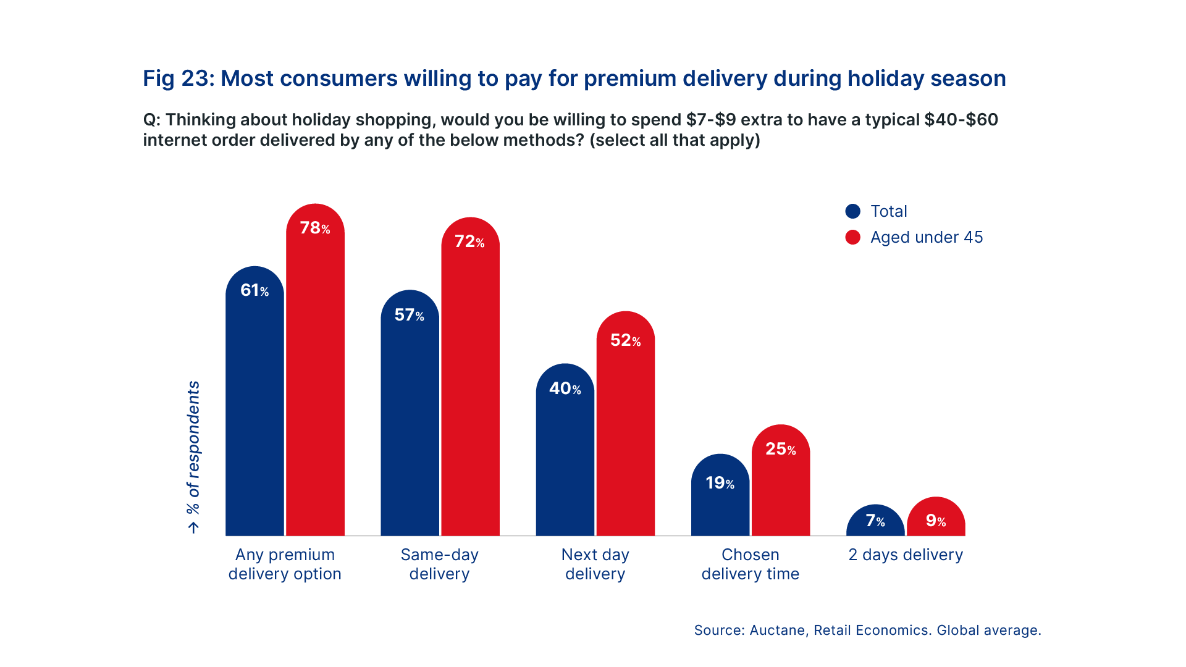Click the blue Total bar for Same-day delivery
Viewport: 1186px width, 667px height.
pos(410,426)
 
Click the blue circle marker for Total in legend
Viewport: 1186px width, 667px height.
pos(853,211)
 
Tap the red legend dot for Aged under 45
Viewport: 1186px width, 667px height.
pos(853,237)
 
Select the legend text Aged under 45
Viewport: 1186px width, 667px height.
pos(927,237)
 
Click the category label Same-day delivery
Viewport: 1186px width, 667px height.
pos(439,564)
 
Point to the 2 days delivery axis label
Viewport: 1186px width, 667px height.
pos(906,555)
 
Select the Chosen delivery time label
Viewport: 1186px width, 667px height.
pos(751,564)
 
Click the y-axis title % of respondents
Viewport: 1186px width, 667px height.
pos(194,447)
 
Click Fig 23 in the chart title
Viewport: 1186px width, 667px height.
pos(177,78)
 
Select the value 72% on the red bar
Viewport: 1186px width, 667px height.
pos(469,241)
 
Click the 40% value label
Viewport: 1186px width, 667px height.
pos(565,388)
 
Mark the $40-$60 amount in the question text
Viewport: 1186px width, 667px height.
pos(961,119)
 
